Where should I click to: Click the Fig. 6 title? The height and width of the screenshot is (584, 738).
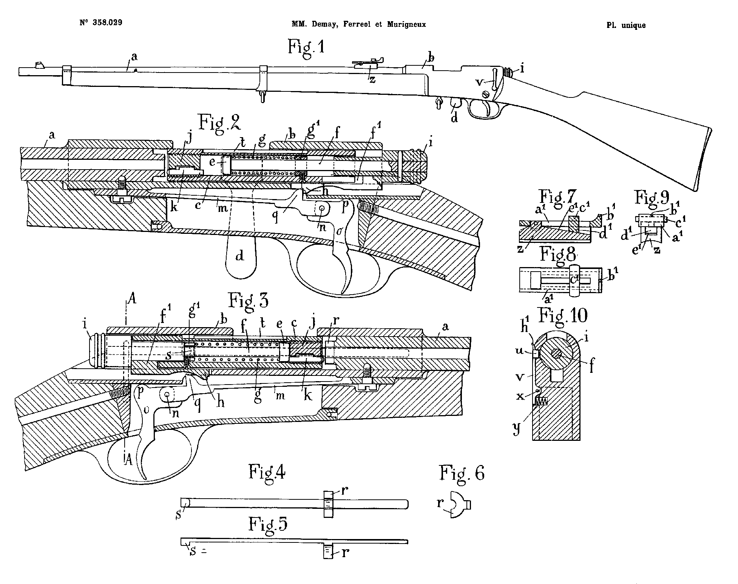[x=462, y=473]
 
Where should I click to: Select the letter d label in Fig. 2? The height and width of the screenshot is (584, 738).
[x=239, y=256]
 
